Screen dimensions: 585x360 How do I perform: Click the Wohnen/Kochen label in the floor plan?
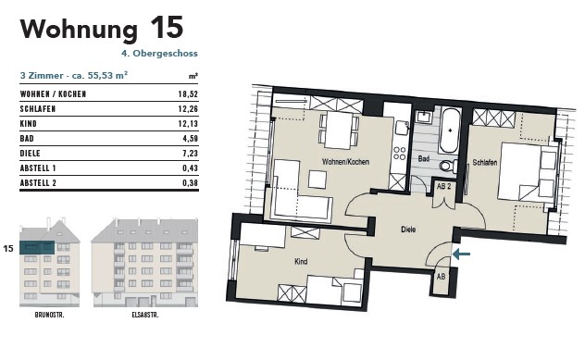(345, 162)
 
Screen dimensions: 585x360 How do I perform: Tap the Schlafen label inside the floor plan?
(485, 162)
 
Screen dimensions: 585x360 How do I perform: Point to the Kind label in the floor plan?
(301, 262)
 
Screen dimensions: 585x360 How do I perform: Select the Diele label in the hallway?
(408, 230)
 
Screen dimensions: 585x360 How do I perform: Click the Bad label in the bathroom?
(424, 158)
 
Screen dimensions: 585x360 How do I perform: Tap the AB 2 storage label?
(444, 186)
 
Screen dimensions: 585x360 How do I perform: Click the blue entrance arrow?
(462, 254)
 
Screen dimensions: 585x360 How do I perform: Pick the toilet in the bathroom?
(448, 166)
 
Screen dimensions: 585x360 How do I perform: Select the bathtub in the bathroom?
(450, 130)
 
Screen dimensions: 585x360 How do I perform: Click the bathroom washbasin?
(424, 117)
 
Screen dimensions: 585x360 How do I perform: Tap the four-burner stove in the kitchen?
(400, 153)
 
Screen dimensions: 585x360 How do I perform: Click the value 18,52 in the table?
(188, 94)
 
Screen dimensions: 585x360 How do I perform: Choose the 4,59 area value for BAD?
(191, 139)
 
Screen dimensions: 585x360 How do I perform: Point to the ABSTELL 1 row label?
(38, 168)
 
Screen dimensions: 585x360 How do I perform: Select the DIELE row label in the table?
(31, 154)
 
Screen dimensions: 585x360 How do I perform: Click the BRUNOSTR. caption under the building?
(50, 315)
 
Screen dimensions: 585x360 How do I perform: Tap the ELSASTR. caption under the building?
(145, 315)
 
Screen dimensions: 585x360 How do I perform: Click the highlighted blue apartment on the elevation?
(37, 247)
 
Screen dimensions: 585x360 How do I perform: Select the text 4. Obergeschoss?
(160, 54)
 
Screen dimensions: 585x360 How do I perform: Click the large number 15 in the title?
(167, 28)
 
